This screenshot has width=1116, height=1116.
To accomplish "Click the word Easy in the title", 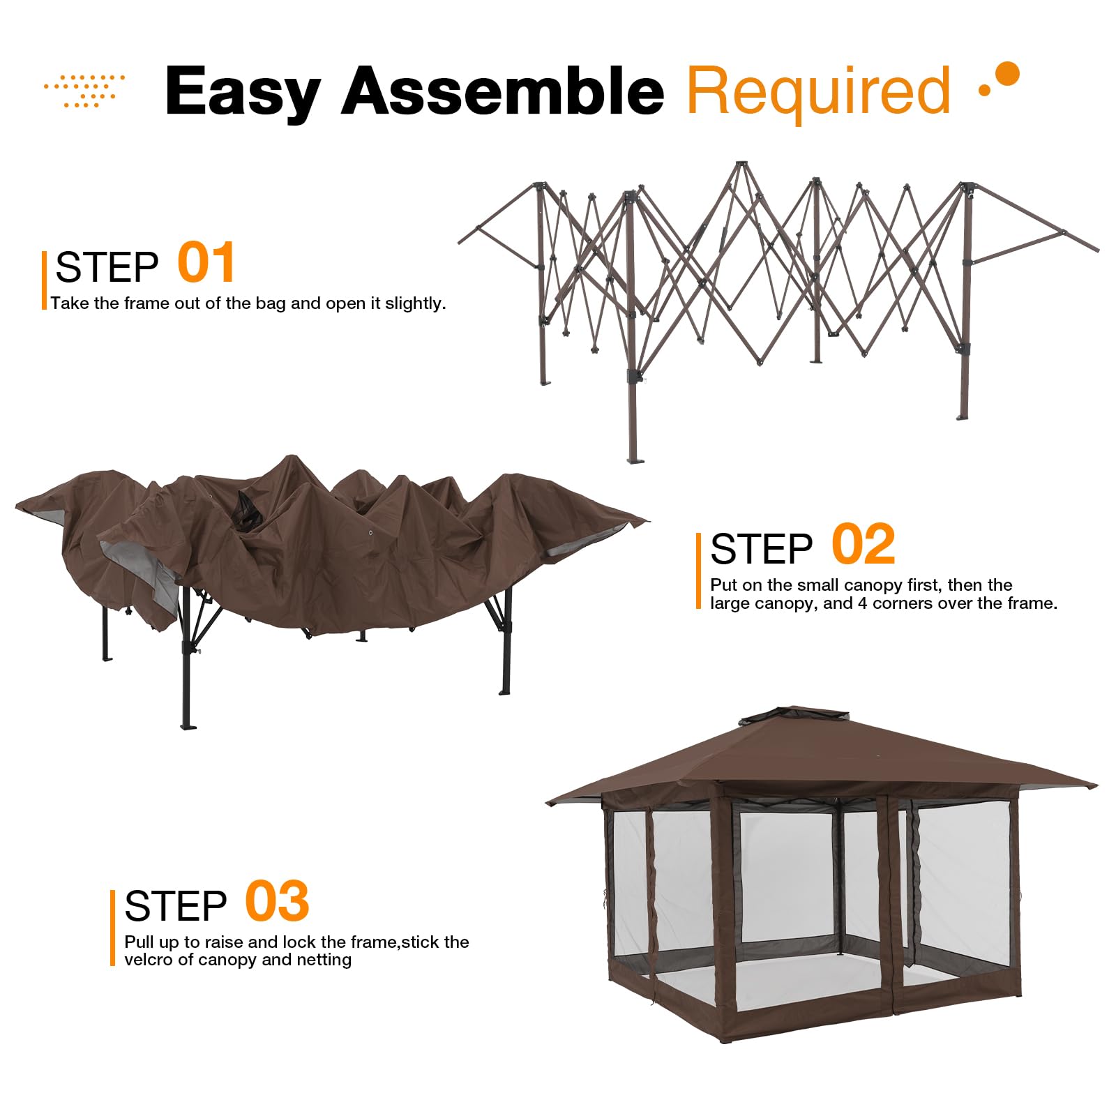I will (x=242, y=92).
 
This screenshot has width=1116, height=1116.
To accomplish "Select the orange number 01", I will (x=206, y=263).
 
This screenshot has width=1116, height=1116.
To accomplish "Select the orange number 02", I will (x=863, y=545).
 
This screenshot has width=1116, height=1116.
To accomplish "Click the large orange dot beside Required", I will (x=1007, y=73).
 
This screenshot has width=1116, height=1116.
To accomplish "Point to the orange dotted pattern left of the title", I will (x=85, y=91).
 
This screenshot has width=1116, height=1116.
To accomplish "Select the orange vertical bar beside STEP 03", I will (x=112, y=928).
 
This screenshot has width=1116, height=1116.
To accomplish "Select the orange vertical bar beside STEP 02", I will (x=698, y=571).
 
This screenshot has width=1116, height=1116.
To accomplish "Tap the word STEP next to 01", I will (x=107, y=268).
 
